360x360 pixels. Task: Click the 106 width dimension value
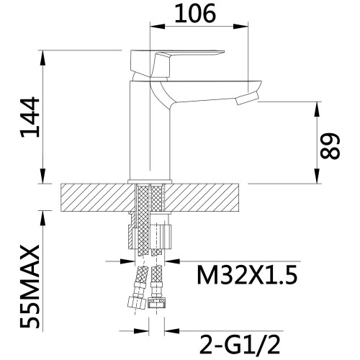195,14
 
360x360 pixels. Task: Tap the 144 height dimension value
30,117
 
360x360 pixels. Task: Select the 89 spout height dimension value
330,146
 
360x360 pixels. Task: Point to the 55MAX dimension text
30,286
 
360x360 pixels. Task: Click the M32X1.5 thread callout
247,275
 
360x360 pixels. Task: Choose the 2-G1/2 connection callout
240,345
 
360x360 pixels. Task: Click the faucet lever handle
177,63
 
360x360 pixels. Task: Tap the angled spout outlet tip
247,99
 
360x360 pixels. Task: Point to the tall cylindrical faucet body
150,131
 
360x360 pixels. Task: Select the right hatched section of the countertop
202,197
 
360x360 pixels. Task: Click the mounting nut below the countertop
150,237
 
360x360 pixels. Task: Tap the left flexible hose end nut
137,302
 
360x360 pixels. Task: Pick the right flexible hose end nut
156,303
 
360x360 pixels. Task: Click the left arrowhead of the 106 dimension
158,26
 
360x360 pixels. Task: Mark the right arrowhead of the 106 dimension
240,26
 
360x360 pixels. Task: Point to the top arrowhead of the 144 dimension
42,58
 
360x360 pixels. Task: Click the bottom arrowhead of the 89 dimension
318,176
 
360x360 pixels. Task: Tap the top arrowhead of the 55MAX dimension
42,218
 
